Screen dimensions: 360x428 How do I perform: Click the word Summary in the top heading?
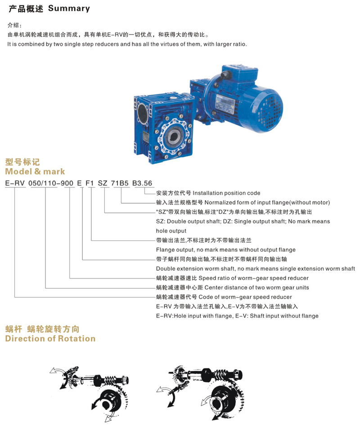pyautogui.click(x=69, y=9)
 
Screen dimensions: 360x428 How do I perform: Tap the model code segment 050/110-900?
pyautogui.click(x=51, y=183)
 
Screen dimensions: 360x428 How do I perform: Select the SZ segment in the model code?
pyautogui.click(x=103, y=183)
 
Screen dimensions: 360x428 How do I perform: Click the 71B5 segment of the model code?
pyautogui.click(x=120, y=183)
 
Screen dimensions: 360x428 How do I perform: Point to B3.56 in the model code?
pyautogui.click(x=142, y=183)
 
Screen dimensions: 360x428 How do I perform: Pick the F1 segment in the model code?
pyautogui.click(x=90, y=183)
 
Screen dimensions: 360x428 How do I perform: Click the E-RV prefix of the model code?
pyautogui.click(x=15, y=183)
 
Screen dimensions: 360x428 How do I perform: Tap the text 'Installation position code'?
pyautogui.click(x=226, y=193)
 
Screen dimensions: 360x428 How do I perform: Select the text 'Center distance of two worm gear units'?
pyautogui.click(x=257, y=287)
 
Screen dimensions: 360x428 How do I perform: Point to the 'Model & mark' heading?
pyautogui.click(x=35, y=171)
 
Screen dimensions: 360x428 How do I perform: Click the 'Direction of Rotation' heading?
pyautogui.click(x=50, y=339)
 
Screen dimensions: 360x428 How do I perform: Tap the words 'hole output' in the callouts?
pyautogui.click(x=171, y=231)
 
